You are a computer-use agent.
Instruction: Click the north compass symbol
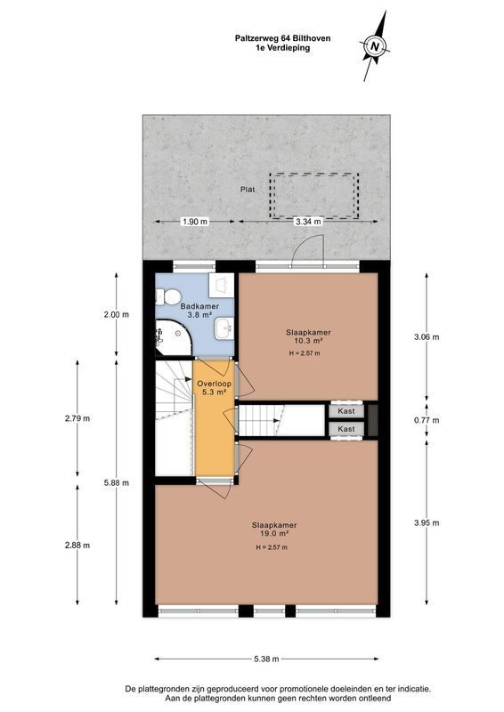(x=376, y=44)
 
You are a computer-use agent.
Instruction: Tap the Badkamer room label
(x=195, y=306)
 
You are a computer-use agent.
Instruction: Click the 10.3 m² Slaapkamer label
(x=304, y=332)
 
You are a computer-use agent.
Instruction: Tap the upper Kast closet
(x=346, y=411)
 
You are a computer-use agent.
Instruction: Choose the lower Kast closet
(x=346, y=429)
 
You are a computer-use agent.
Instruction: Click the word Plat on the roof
(x=247, y=190)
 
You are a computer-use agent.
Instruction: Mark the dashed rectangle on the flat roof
(x=316, y=196)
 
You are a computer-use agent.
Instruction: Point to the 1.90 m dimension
(x=194, y=221)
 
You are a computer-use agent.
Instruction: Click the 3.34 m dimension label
(x=308, y=221)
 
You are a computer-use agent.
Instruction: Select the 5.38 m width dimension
(x=266, y=659)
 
